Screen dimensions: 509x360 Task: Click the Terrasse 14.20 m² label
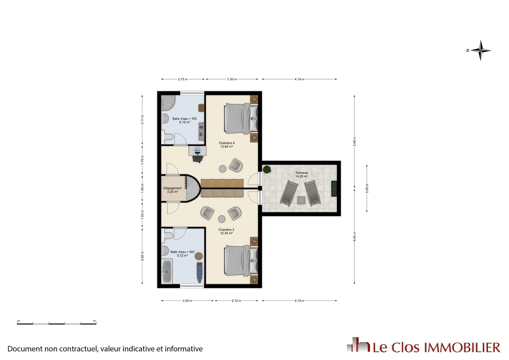(301, 174)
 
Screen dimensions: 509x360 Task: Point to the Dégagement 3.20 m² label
(172, 190)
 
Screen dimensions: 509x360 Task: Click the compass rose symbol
(480, 50)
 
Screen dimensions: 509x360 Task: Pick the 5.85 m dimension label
(354, 141)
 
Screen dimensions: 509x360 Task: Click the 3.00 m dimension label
(367, 188)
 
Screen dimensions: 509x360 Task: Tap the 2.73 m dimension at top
(183, 79)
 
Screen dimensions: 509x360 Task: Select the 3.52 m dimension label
(142, 256)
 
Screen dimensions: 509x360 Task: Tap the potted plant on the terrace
(267, 169)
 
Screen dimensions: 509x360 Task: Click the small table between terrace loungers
(301, 200)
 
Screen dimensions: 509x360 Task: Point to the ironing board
(200, 273)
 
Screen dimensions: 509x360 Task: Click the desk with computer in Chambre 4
(198, 151)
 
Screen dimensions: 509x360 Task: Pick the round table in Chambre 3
(222, 219)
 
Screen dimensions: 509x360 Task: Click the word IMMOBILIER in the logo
(462, 348)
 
